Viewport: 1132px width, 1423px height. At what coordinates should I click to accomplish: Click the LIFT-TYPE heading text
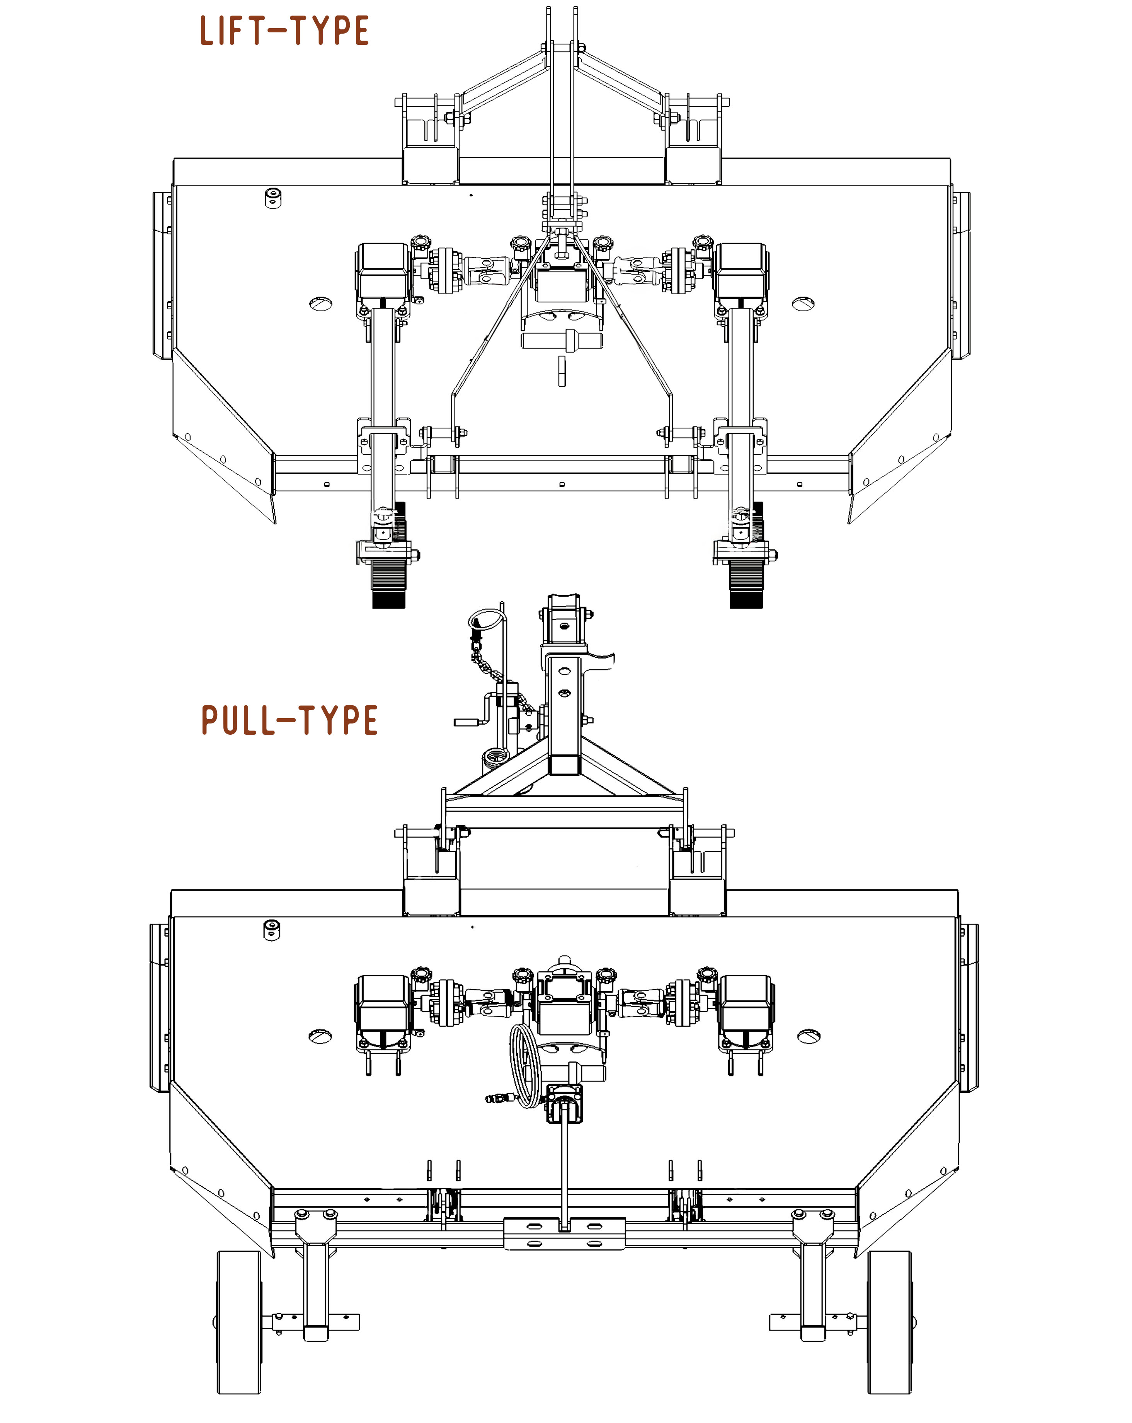tap(284, 31)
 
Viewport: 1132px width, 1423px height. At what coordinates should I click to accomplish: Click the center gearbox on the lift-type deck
tap(562, 280)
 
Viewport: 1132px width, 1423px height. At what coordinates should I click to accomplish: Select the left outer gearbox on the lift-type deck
tap(383, 271)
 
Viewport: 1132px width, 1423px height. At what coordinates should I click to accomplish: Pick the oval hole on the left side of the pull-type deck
tap(320, 1036)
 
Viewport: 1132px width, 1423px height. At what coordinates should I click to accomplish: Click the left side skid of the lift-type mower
tap(162, 275)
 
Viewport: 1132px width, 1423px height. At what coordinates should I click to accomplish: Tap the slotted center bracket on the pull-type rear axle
tap(564, 1233)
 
